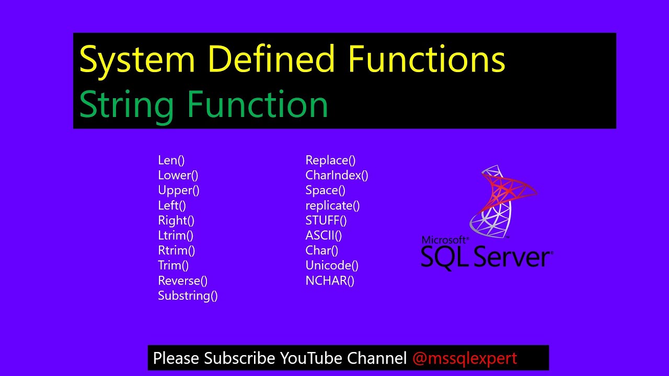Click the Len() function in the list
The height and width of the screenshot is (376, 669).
point(171,160)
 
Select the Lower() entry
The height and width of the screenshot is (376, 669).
point(178,175)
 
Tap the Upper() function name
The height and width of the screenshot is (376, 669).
point(178,191)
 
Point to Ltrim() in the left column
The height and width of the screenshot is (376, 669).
point(176,236)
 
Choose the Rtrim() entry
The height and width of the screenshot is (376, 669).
point(176,251)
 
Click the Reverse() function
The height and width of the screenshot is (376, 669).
point(182,281)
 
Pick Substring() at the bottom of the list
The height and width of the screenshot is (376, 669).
point(188,296)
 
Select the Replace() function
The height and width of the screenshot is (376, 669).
point(330,160)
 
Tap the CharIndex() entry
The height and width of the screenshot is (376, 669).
point(337,175)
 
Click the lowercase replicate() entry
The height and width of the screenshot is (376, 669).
point(332,206)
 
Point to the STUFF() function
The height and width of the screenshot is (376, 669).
point(326,220)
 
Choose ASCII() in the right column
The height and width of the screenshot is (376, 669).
point(324,236)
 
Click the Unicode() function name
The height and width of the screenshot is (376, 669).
point(332,266)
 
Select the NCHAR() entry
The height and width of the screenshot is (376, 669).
point(330,281)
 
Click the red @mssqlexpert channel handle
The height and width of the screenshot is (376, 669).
point(465,358)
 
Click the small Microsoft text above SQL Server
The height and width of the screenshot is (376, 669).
point(444,240)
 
